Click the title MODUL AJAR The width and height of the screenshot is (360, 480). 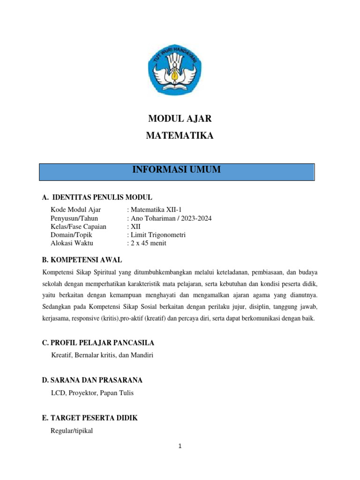pyautogui.click(x=180, y=119)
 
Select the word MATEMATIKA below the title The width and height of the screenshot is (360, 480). pyautogui.click(x=180, y=136)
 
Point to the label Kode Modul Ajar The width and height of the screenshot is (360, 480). pyautogui.click(x=75, y=210)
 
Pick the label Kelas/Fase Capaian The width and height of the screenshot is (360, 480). pyautogui.click(x=78, y=226)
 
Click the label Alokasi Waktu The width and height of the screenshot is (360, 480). pyautogui.click(x=72, y=243)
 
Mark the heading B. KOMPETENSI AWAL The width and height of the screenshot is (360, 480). pyautogui.click(x=82, y=260)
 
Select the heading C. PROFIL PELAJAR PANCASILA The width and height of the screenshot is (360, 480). pyautogui.click(x=98, y=343)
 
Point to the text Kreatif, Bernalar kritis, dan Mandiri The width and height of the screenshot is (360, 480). pyautogui.click(x=102, y=355)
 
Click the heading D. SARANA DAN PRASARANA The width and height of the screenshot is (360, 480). pyautogui.click(x=92, y=380)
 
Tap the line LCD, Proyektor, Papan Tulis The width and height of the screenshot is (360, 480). pyautogui.click(x=92, y=393)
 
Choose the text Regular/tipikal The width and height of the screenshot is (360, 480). pyautogui.click(x=72, y=430)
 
